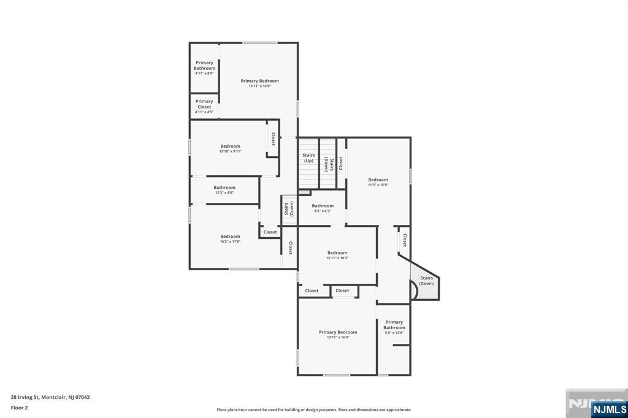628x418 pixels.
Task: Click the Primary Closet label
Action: click(x=204, y=104)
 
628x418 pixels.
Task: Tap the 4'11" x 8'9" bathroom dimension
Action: click(x=204, y=74)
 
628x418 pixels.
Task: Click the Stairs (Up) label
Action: click(x=308, y=158)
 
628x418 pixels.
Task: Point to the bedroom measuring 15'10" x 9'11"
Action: click(x=231, y=148)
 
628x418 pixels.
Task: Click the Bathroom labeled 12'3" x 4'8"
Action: click(x=224, y=190)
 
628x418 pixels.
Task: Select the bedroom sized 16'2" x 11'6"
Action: click(x=230, y=238)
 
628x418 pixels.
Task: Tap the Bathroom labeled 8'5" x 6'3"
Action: click(x=323, y=208)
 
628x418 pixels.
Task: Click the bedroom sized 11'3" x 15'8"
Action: click(x=378, y=182)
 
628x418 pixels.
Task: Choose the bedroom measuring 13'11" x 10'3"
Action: click(x=337, y=255)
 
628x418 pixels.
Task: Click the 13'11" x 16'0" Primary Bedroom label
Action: click(x=338, y=335)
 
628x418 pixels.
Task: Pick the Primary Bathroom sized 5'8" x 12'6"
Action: click(x=394, y=327)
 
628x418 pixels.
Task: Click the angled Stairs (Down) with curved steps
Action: click(x=427, y=281)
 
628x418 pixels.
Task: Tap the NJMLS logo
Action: click(x=610, y=409)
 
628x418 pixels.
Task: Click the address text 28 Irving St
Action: click(x=50, y=397)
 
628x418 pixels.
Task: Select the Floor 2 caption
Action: click(x=19, y=407)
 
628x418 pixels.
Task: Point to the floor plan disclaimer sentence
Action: click(x=314, y=410)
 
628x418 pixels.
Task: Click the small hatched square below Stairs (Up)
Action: click(x=304, y=192)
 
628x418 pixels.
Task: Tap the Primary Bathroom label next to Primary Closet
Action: click(x=204, y=65)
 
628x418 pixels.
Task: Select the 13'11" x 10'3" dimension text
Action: click(x=337, y=258)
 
